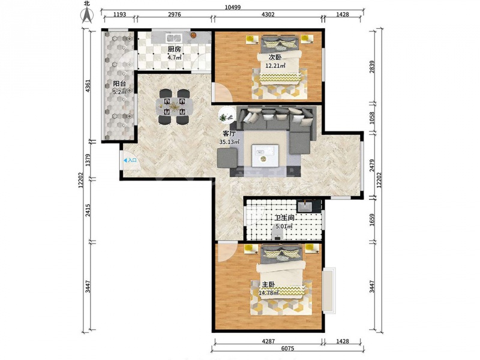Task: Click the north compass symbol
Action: pos(86,13)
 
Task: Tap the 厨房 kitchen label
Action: pos(174,49)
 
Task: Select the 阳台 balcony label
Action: pos(119,84)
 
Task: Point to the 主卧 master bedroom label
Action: pos(268,284)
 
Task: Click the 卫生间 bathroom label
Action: pos(284,218)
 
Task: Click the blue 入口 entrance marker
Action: pos(130,160)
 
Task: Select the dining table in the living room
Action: pos(174,107)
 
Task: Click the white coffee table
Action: pos(265,156)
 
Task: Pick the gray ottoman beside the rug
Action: pos(227,158)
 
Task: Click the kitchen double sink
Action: pos(174,38)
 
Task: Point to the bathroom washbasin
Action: pos(305,206)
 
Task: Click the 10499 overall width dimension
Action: pos(233,7)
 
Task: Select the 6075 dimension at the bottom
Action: pos(287,349)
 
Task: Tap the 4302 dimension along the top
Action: pos(268,14)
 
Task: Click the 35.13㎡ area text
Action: pos(229,142)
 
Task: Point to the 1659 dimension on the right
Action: pos(372,220)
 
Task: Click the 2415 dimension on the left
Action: pos(88,211)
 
